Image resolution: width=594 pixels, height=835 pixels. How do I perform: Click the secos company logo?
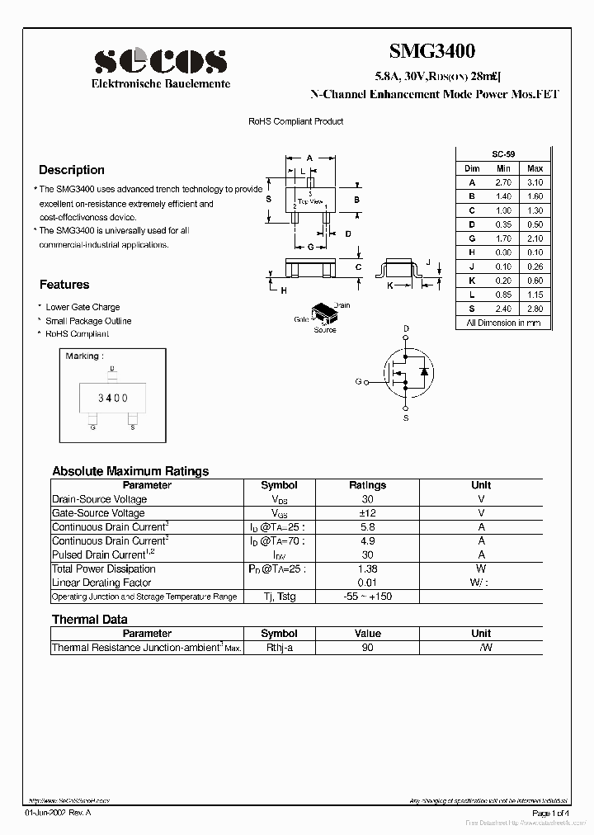161,60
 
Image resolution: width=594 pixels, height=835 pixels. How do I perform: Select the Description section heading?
72,170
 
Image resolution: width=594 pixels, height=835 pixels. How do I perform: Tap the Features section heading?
64,285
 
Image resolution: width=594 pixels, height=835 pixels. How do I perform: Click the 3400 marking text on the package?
113,398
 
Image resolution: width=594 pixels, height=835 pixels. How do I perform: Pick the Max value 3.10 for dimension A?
535,182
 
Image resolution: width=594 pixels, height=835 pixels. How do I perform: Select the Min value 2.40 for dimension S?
503,309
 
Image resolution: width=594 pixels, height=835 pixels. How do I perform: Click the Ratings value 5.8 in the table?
367,526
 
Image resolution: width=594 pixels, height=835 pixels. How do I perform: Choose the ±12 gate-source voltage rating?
367,513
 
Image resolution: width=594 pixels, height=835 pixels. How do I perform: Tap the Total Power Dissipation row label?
104,568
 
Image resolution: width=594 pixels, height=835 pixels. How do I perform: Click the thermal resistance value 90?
367,648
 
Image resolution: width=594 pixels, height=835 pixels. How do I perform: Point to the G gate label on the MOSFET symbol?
359,381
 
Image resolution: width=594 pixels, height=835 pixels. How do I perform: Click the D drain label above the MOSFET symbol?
406,328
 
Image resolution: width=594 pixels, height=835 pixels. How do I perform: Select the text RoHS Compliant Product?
296,121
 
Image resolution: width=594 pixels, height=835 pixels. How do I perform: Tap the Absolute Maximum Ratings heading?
130,471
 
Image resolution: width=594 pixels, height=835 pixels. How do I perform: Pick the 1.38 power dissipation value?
367,568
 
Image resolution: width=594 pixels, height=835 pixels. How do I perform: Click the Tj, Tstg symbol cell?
279,597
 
